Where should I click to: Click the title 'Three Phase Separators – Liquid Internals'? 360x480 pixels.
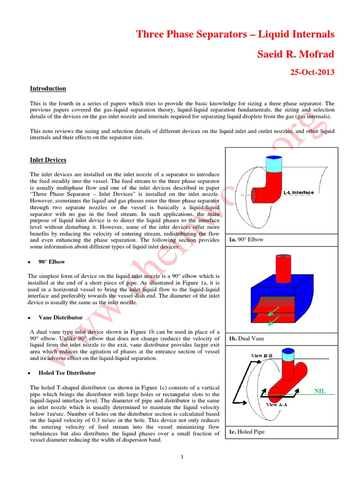[x=235, y=34]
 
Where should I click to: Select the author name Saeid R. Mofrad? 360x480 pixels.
[x=296, y=55]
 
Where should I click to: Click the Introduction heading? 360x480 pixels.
[x=48, y=89]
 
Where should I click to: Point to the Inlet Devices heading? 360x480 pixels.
[x=48, y=160]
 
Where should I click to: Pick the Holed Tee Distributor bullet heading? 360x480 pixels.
[x=67, y=373]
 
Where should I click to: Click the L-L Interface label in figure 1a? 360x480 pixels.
[x=299, y=192]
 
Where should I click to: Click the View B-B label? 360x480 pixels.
[x=263, y=355]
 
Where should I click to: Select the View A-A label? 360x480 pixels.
[x=278, y=404]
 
